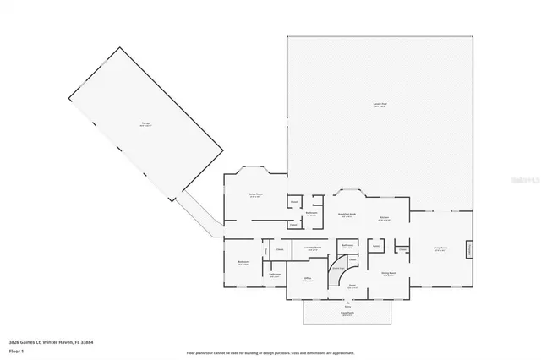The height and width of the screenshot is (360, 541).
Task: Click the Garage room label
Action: [x=146, y=124]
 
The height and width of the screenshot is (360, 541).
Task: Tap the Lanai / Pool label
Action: [x=379, y=106]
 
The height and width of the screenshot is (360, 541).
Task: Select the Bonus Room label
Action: [x=254, y=195]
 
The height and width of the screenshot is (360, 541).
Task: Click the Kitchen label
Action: [x=383, y=217]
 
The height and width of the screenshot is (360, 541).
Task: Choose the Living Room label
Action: [x=440, y=248]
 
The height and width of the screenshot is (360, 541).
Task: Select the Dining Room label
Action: [x=388, y=274]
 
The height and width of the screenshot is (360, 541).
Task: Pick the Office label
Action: [x=308, y=281]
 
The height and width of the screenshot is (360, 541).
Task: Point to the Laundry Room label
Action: [x=312, y=248]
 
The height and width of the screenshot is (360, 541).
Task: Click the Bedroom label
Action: [x=243, y=263]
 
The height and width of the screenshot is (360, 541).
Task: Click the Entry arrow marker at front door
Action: [x=347, y=302]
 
